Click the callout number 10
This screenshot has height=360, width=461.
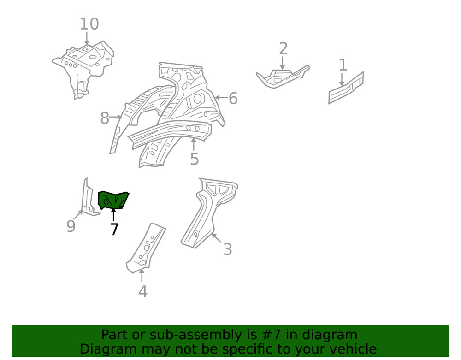89,24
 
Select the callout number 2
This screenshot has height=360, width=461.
283,48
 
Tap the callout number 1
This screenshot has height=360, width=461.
343,65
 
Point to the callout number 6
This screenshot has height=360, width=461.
233,98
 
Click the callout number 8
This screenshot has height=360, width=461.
105,118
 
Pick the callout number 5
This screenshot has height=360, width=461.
195,159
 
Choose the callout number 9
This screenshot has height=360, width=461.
71,226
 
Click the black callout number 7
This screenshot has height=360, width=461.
114,229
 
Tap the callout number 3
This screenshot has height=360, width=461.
228,249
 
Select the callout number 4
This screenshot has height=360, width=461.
142,291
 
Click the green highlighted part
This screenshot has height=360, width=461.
113,200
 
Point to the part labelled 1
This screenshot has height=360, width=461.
346,88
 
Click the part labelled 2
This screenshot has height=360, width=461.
282,77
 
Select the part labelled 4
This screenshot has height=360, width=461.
146,248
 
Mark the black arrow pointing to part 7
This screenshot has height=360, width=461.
113,214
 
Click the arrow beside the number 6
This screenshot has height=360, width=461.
221,97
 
